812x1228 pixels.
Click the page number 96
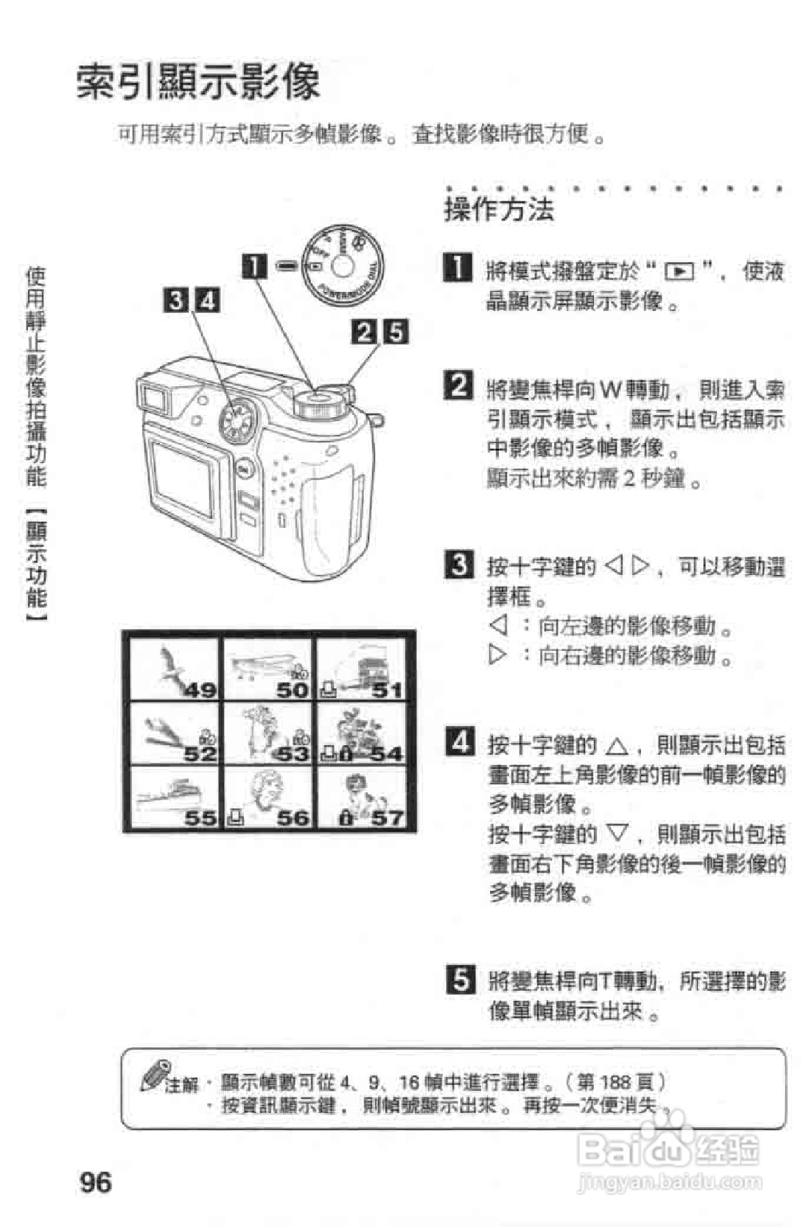(x=96, y=1182)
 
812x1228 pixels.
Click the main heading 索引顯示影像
(x=199, y=81)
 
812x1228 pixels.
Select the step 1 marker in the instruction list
(x=458, y=267)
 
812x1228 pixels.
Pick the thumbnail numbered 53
(x=269, y=733)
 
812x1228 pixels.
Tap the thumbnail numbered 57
(x=362, y=798)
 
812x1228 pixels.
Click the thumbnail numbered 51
(x=362, y=669)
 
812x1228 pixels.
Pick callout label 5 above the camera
(x=396, y=332)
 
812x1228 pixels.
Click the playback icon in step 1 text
(x=679, y=272)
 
